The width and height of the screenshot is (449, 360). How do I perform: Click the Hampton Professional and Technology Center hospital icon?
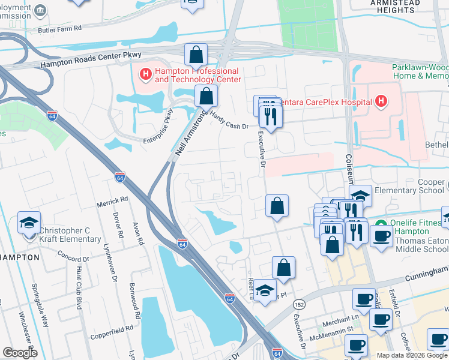click(145, 74)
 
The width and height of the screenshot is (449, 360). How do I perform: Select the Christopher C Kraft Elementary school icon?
click(29, 223)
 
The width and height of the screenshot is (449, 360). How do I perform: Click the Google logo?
click(20, 353)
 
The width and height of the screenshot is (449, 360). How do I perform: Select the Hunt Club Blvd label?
click(80, 283)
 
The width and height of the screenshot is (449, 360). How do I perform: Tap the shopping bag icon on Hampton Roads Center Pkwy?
click(196, 56)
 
